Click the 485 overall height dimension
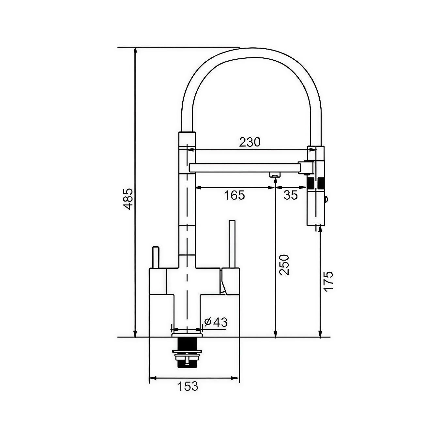tap(128, 199)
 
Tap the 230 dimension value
tap(250, 142)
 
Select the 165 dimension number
tap(234, 195)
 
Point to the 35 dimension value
tap(291, 195)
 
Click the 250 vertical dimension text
tap(284, 265)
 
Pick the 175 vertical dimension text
tap(329, 281)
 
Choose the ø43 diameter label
tap(216, 322)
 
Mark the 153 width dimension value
tap(188, 386)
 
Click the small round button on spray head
tap(326, 199)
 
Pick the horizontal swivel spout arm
tap(245, 168)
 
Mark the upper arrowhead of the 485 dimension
tap(134, 50)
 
